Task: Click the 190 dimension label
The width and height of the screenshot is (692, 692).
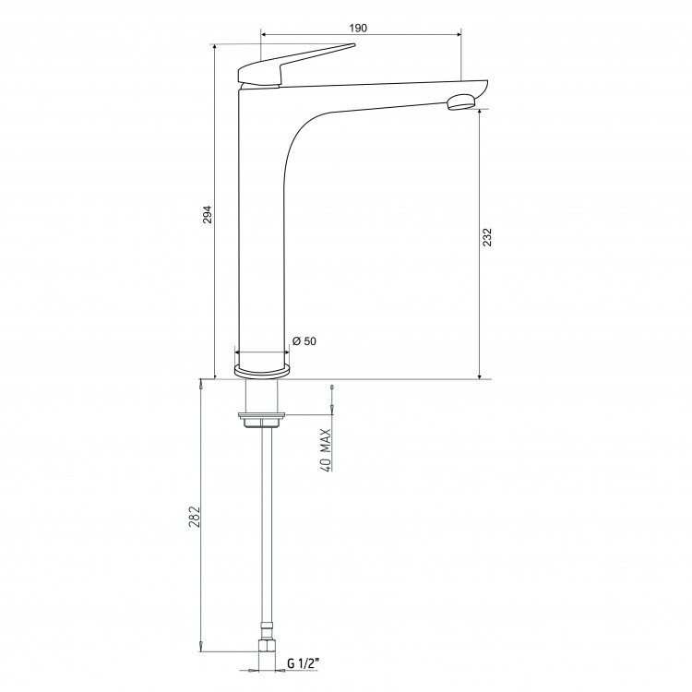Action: click(358, 29)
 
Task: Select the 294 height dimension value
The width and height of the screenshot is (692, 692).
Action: click(208, 214)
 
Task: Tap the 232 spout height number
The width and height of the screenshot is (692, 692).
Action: click(487, 237)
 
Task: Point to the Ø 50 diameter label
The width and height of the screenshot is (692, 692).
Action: click(304, 341)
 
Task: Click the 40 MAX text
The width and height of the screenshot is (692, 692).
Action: click(326, 450)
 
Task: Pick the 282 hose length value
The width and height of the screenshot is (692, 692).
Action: click(195, 517)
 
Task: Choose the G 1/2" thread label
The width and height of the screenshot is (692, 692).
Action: click(303, 663)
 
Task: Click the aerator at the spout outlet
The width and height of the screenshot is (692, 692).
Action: click(461, 102)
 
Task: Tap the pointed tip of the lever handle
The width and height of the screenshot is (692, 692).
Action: click(354, 44)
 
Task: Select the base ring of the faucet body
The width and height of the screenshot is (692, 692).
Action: click(262, 372)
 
